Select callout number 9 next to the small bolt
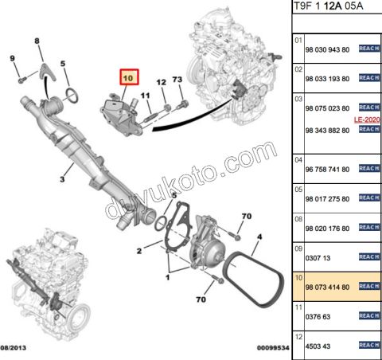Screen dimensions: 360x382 [12, 58]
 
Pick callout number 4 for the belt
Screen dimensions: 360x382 [259, 237]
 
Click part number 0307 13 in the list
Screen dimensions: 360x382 [319, 257]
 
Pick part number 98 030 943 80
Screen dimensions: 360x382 [328, 49]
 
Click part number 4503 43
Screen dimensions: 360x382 [319, 345]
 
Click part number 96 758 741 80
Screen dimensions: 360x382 [328, 169]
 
